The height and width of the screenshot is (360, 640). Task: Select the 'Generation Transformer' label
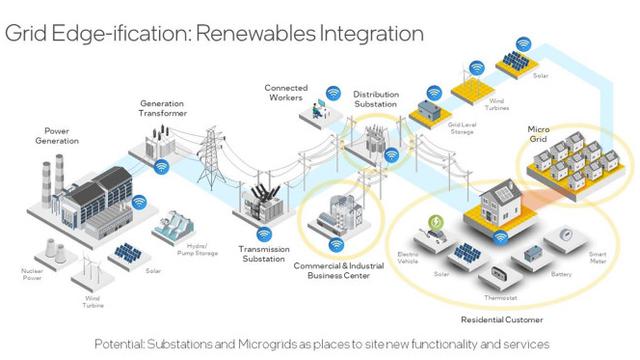click(x=163, y=108)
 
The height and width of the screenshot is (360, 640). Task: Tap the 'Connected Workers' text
click(x=286, y=92)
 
